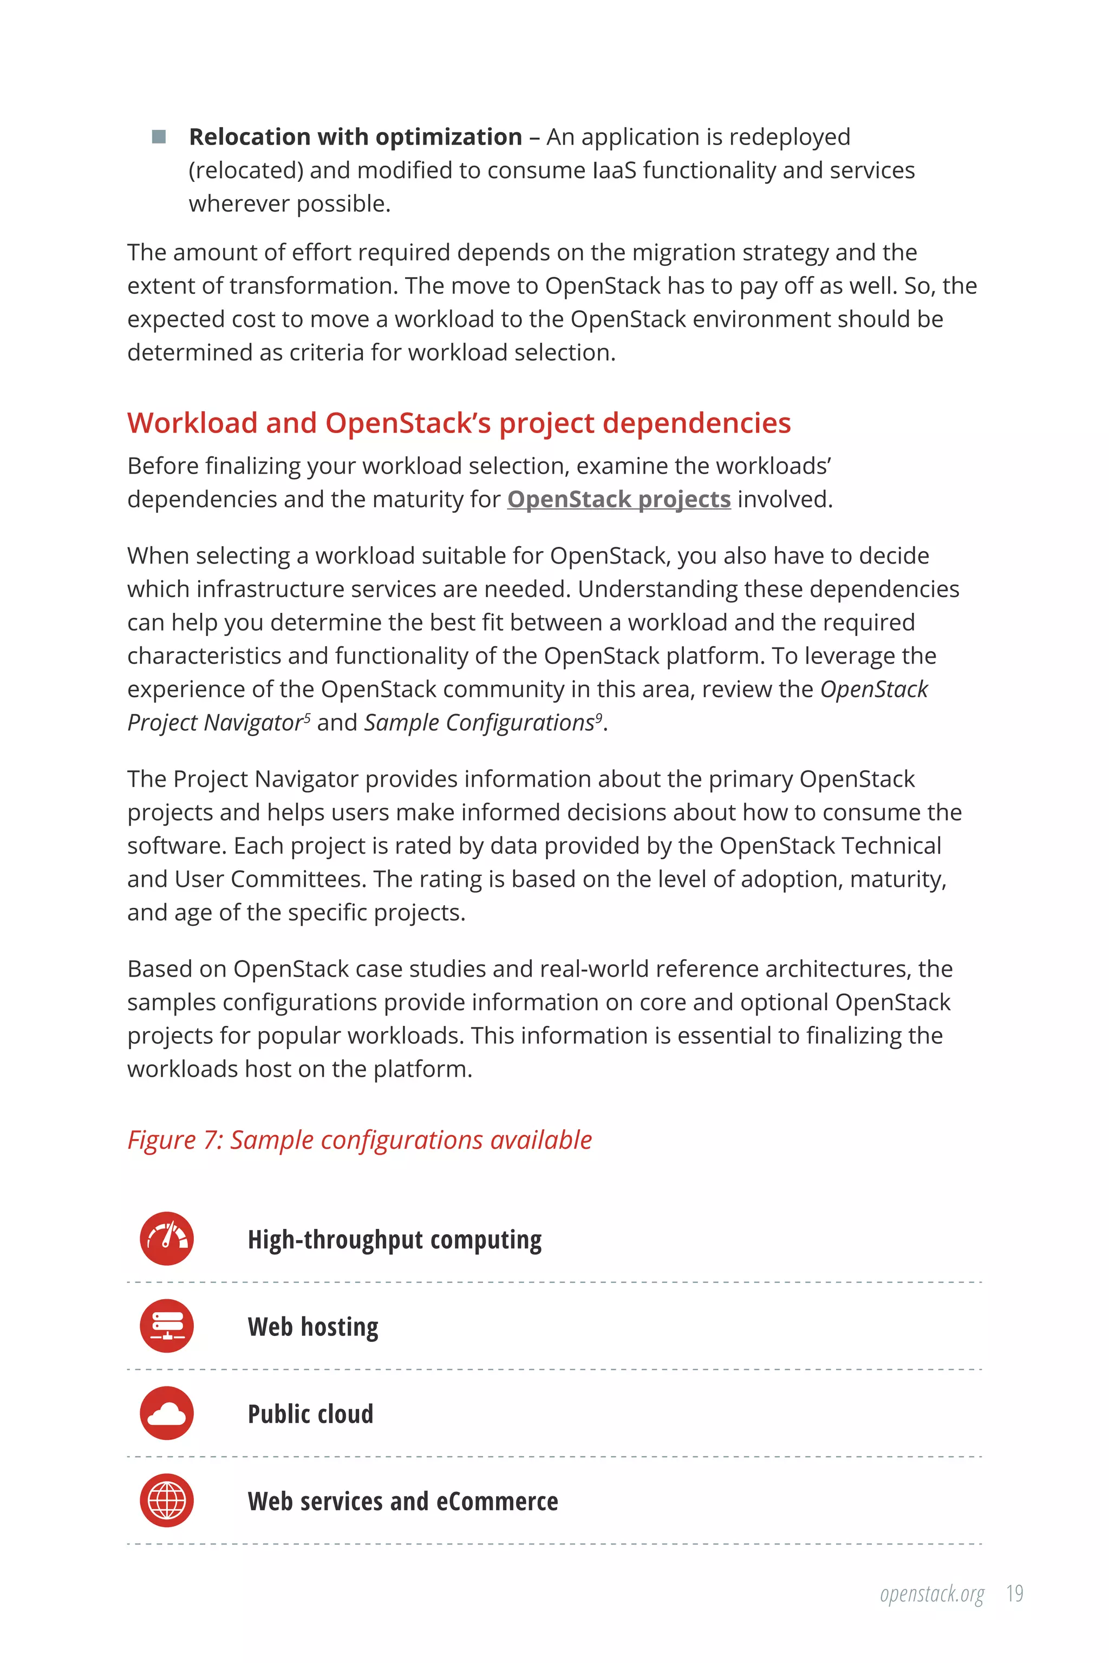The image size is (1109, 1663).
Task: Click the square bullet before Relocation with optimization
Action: click(159, 136)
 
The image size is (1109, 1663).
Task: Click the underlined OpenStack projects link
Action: click(618, 499)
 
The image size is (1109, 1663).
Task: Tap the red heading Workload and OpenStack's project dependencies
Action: click(458, 423)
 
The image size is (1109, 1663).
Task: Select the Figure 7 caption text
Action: click(360, 1140)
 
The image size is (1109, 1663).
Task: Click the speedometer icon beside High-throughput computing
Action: click(167, 1239)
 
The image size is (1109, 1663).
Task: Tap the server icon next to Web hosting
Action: click(167, 1326)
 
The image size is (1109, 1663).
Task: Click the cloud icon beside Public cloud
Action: click(167, 1413)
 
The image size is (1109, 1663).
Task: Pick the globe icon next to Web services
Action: click(167, 1501)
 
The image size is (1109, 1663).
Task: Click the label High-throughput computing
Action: click(395, 1240)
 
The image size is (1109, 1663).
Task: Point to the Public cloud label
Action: click(310, 1414)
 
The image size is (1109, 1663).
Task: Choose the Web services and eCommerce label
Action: click(402, 1501)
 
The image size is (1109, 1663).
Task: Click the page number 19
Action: click(1015, 1594)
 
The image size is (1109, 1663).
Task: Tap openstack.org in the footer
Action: click(931, 1594)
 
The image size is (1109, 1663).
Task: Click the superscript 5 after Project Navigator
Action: click(307, 718)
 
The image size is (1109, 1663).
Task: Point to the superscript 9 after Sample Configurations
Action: click(598, 718)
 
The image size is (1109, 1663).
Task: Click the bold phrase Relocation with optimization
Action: click(355, 136)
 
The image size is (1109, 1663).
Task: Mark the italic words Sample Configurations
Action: click(479, 723)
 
